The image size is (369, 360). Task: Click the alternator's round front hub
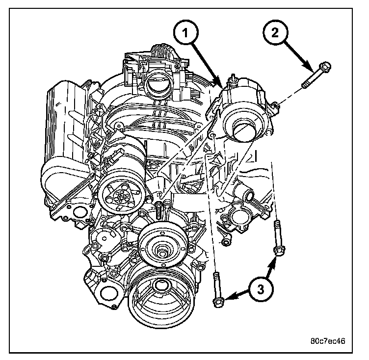point(241,129)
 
